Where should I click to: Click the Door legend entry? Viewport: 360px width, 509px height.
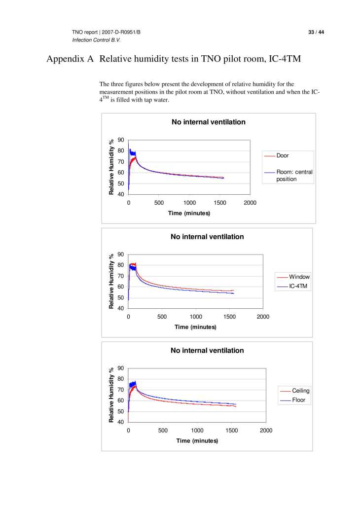point(283,155)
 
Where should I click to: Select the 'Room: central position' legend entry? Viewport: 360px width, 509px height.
point(294,176)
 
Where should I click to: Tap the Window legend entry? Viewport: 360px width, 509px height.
point(299,277)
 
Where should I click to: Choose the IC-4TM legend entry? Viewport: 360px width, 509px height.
point(299,286)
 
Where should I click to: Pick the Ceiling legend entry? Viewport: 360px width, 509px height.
point(300,391)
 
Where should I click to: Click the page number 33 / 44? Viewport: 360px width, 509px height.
point(316,32)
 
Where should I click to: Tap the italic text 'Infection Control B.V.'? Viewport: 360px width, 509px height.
point(97,39)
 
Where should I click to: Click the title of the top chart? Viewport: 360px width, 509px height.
point(208,122)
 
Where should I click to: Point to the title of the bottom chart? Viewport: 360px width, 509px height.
point(207,350)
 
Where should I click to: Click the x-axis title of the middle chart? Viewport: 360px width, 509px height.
point(195,327)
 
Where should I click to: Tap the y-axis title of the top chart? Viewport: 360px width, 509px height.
point(111,167)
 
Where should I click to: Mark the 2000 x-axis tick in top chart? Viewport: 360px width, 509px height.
point(250,203)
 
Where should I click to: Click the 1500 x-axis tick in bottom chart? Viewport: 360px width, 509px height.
point(231,431)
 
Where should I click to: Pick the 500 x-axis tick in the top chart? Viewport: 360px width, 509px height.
point(159,203)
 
